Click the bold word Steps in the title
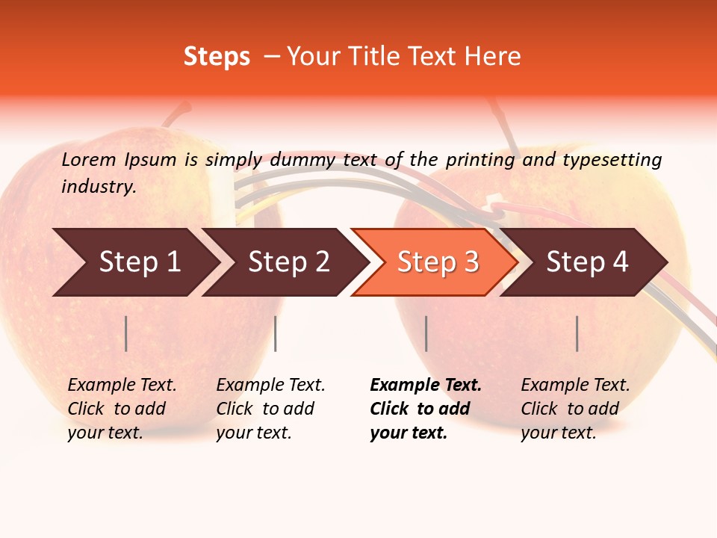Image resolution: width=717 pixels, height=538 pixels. point(217,57)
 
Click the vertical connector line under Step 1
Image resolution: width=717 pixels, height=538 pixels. point(126,333)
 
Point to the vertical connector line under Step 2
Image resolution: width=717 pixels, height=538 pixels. point(276,333)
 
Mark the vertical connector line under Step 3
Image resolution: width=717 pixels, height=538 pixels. point(426,333)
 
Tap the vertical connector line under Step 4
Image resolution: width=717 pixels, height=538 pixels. point(577,333)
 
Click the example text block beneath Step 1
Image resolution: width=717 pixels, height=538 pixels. point(121,409)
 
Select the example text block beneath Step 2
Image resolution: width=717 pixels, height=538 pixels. point(270,409)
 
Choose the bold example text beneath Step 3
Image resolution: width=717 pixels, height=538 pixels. point(424,409)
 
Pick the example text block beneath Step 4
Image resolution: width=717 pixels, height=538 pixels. point(574,409)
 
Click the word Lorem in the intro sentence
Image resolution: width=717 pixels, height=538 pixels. point(89,159)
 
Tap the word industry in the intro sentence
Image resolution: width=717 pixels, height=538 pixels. point(99,187)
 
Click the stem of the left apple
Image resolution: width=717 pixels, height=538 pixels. point(176,114)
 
